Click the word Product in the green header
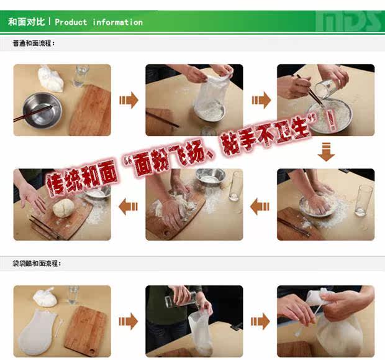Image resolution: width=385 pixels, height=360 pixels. (71, 22)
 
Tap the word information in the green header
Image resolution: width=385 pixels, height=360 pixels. (117, 22)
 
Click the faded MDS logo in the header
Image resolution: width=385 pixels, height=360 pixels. (349, 21)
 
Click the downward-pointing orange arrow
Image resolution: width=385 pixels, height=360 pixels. (326, 152)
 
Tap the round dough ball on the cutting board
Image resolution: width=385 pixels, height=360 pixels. (63, 208)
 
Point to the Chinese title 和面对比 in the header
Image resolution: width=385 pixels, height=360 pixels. (26, 22)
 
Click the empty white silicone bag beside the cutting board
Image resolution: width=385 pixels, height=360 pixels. (37, 332)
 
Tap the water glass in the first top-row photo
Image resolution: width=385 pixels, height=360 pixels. (80, 75)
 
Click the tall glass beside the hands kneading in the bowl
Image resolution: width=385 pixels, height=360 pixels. (364, 200)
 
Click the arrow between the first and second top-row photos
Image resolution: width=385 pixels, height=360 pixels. (129, 100)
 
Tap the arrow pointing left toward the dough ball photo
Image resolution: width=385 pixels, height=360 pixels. (128, 206)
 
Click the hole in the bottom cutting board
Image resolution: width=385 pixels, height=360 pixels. (93, 351)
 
